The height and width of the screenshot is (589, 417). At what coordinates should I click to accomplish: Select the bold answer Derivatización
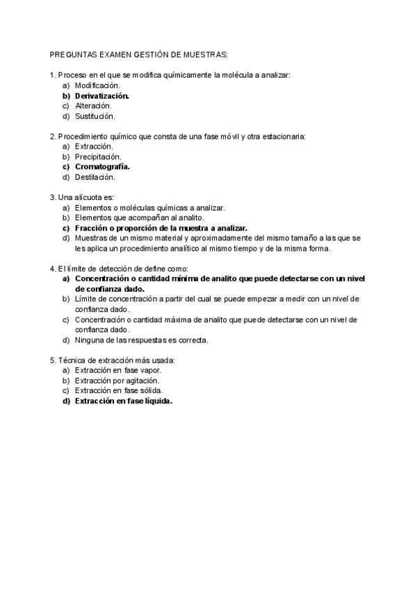coord(102,95)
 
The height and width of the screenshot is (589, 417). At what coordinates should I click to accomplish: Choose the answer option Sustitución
coord(95,116)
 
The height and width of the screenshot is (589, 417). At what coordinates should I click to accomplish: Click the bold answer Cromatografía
coord(103,167)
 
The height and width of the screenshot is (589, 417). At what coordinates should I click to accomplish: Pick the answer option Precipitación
coord(98,157)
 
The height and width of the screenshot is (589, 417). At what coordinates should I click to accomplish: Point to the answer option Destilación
coord(95,177)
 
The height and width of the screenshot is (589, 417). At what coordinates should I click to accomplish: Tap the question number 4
coord(53,269)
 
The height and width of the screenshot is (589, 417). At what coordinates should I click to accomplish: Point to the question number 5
coord(53,360)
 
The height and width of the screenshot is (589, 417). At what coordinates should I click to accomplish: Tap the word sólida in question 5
coord(151,391)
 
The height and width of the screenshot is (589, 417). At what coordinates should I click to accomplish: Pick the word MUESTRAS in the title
coord(206,53)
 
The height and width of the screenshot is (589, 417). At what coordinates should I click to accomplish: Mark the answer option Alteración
coord(93,106)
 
